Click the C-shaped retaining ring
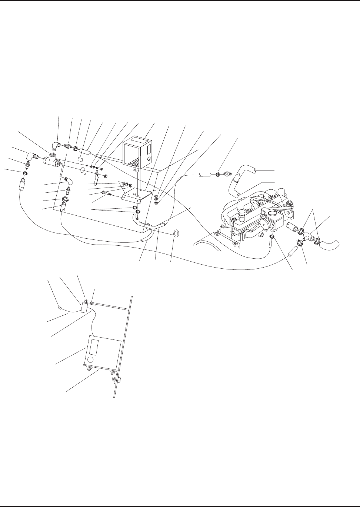(x=177, y=233)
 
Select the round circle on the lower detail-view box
(x=89, y=359)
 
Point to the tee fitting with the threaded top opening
(x=50, y=160)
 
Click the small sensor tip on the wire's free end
(x=59, y=307)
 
